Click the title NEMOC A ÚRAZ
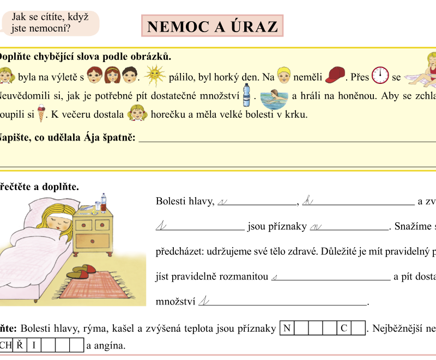coord(212,26)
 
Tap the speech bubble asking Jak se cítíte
coord(52,22)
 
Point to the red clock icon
coord(380,75)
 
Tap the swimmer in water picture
coord(274,97)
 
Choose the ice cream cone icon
coord(40,114)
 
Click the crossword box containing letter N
coord(286,328)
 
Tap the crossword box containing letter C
coord(343,328)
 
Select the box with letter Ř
coord(20,345)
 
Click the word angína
coord(110,345)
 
